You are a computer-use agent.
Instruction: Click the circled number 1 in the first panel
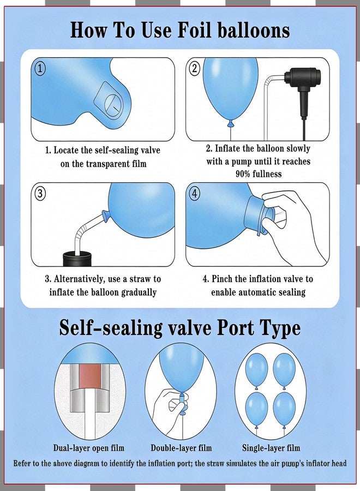(x=40, y=69)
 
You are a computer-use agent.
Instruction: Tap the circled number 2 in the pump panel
(x=195, y=68)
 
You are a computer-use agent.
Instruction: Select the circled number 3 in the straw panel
(x=40, y=194)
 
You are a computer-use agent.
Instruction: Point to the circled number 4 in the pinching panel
(x=194, y=194)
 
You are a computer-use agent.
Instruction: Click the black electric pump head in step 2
(x=303, y=81)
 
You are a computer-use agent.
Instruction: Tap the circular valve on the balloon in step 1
(x=112, y=103)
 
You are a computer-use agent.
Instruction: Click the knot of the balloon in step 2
(x=231, y=123)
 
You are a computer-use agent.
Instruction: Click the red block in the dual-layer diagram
(x=90, y=375)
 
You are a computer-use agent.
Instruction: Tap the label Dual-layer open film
(x=88, y=448)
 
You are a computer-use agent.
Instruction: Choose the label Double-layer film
(x=181, y=448)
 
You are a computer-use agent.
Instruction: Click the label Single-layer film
(x=271, y=448)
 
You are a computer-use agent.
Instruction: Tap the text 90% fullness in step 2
(x=259, y=174)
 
